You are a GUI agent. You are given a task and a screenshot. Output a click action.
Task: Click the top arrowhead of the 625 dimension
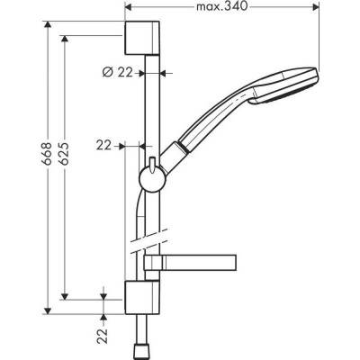(65, 39)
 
